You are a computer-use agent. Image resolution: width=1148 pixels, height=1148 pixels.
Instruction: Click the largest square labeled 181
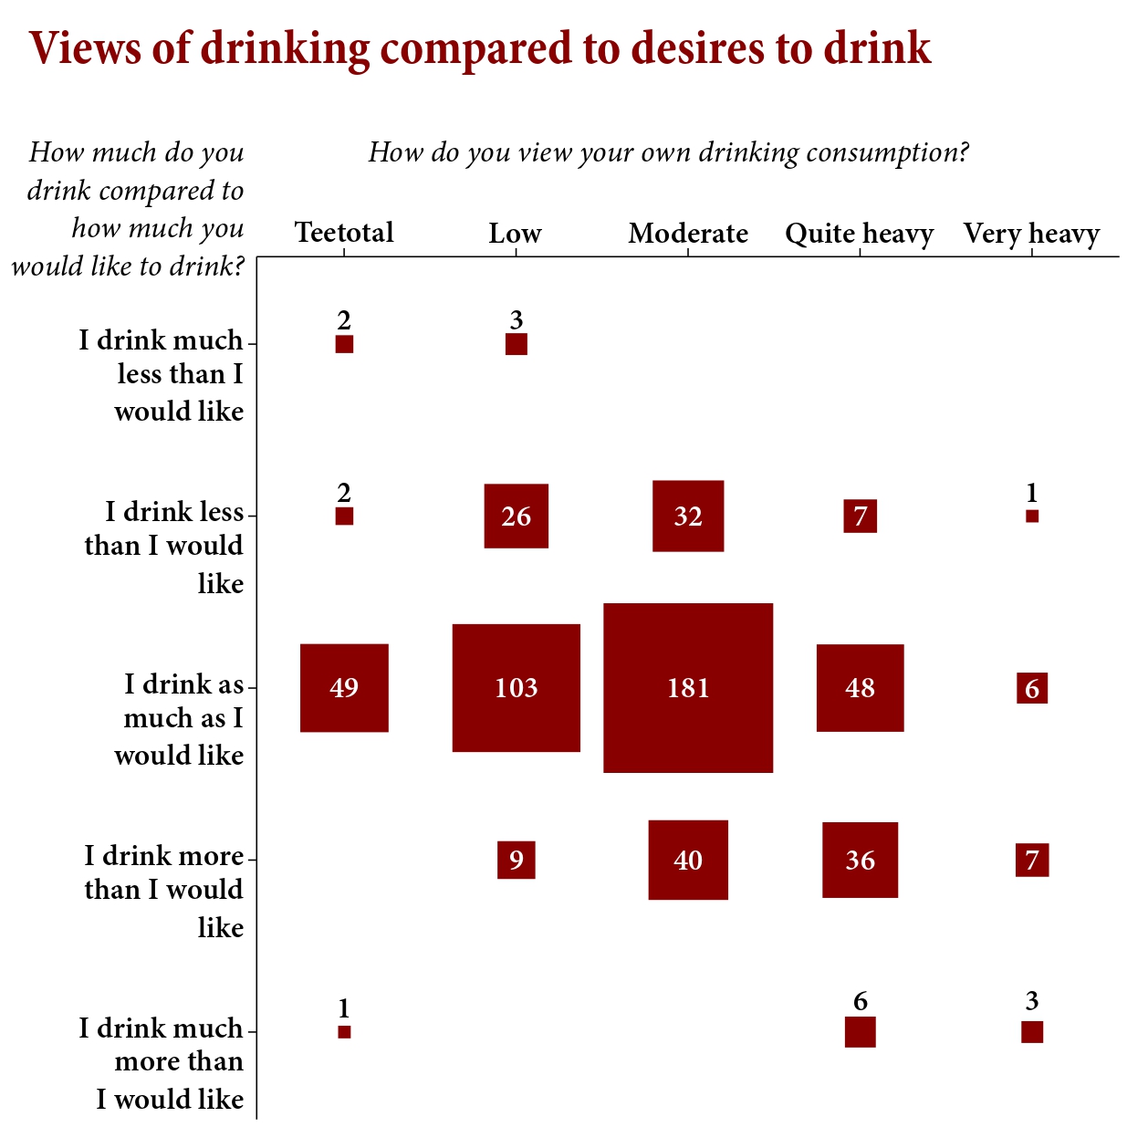688,688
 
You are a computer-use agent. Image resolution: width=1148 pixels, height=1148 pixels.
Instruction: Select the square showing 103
517,688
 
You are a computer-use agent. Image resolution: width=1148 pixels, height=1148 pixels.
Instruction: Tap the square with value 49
344,688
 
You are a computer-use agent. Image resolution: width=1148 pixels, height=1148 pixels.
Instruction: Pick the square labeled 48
860,688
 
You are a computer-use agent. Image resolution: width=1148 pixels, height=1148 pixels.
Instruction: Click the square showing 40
688,860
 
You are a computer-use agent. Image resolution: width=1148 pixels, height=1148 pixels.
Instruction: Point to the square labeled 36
860,860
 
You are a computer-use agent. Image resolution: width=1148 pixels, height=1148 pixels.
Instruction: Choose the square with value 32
688,517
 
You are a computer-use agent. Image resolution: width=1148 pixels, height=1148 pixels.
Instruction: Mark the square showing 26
517,517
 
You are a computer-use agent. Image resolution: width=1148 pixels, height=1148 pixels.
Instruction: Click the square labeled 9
517,860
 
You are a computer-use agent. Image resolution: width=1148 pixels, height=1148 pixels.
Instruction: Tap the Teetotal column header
344,233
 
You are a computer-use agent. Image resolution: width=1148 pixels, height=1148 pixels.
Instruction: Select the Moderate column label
688,234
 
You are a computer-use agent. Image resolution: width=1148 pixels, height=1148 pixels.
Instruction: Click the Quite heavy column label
860,234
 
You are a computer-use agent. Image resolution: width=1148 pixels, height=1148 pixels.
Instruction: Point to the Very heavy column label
1031,234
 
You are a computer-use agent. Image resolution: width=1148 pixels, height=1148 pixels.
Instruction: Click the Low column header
516,234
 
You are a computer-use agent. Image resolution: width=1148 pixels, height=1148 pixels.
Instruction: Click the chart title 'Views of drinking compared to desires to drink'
480,48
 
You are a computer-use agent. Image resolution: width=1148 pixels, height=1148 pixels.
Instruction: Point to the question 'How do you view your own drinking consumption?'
668,152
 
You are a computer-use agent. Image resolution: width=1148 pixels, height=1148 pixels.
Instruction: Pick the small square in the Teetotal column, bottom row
344,1032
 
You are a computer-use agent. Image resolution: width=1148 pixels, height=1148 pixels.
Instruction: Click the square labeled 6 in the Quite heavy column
860,1032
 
